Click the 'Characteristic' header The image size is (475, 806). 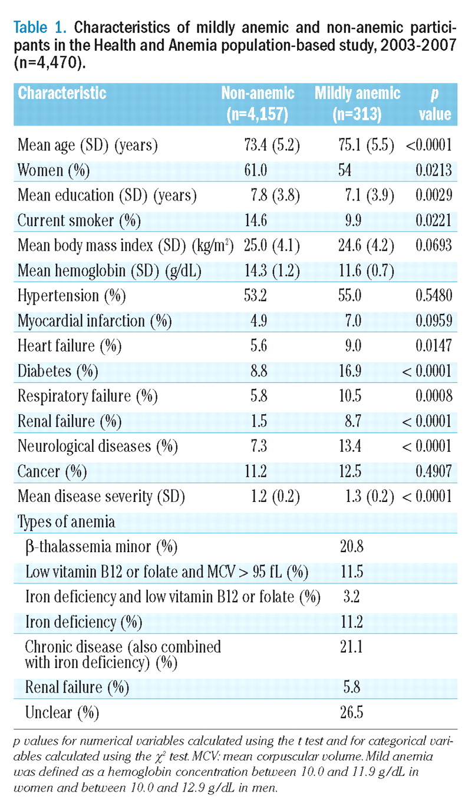pos(62,93)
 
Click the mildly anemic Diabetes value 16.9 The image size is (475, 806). pos(347,371)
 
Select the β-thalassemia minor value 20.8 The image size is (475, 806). pos(348,547)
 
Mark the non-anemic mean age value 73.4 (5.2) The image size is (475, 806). pos(271,145)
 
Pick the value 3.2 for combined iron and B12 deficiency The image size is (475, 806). pos(346,597)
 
